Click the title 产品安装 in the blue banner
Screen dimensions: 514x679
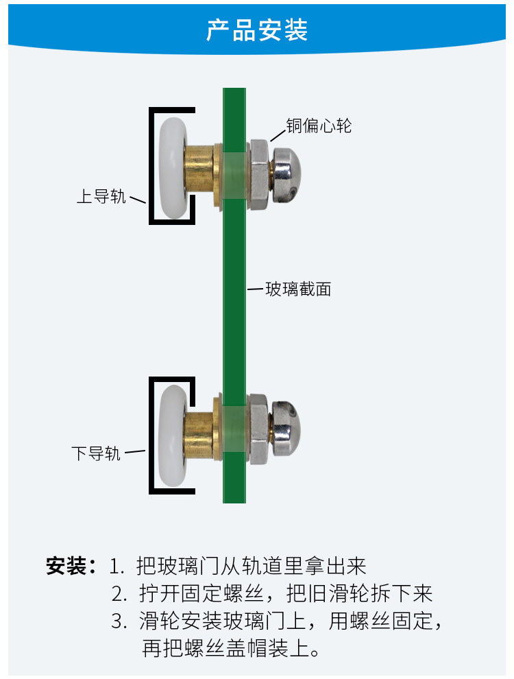coord(257,30)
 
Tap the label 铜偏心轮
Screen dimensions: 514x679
coord(319,126)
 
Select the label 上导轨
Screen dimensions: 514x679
coord(101,196)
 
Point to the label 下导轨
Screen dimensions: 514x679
coord(96,453)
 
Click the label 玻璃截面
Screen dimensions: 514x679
coord(299,289)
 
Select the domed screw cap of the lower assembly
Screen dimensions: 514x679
coord(285,429)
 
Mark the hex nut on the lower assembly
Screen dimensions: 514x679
coord(259,429)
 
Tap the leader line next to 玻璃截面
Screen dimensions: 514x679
coord(255,288)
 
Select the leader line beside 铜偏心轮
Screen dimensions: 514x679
coord(278,135)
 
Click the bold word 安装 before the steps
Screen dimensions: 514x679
coord(66,566)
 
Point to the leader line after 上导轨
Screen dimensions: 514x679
coord(138,200)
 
